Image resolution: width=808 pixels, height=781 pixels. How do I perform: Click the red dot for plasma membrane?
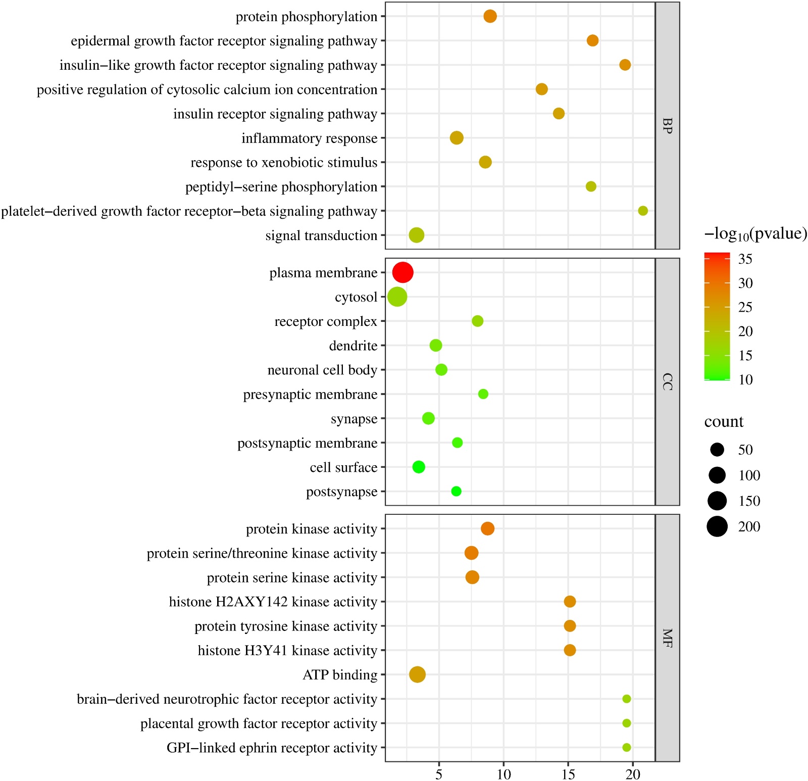[402, 272]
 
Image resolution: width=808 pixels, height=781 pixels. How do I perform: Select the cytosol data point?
[397, 297]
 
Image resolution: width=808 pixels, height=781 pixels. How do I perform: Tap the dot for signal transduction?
[416, 235]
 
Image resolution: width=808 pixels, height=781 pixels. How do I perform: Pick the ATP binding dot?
[417, 674]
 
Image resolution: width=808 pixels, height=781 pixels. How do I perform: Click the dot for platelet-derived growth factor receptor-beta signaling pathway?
[642, 211]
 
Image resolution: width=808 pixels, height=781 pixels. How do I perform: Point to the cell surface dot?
[418, 467]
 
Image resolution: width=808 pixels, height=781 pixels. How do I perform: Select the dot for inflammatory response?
[457, 137]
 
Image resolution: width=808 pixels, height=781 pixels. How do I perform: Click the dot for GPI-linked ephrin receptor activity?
[626, 747]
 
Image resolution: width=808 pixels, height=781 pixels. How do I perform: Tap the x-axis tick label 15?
[568, 774]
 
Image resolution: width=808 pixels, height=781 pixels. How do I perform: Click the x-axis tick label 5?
[439, 774]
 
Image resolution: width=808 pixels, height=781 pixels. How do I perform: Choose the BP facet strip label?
[667, 126]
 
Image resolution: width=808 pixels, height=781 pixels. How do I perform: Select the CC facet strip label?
[667, 381]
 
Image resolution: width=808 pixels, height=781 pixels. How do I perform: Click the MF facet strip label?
[667, 638]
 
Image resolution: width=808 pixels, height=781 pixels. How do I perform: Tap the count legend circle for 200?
[717, 526]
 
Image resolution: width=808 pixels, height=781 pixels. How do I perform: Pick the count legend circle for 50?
[717, 449]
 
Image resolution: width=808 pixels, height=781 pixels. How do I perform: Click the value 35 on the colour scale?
[745, 259]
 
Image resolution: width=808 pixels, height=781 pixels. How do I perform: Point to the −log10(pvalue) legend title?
[755, 233]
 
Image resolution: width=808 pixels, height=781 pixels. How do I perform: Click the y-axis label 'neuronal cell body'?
[322, 370]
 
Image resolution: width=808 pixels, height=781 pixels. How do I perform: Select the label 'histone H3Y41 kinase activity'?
[287, 650]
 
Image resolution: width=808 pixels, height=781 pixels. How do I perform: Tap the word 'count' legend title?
[724, 421]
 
